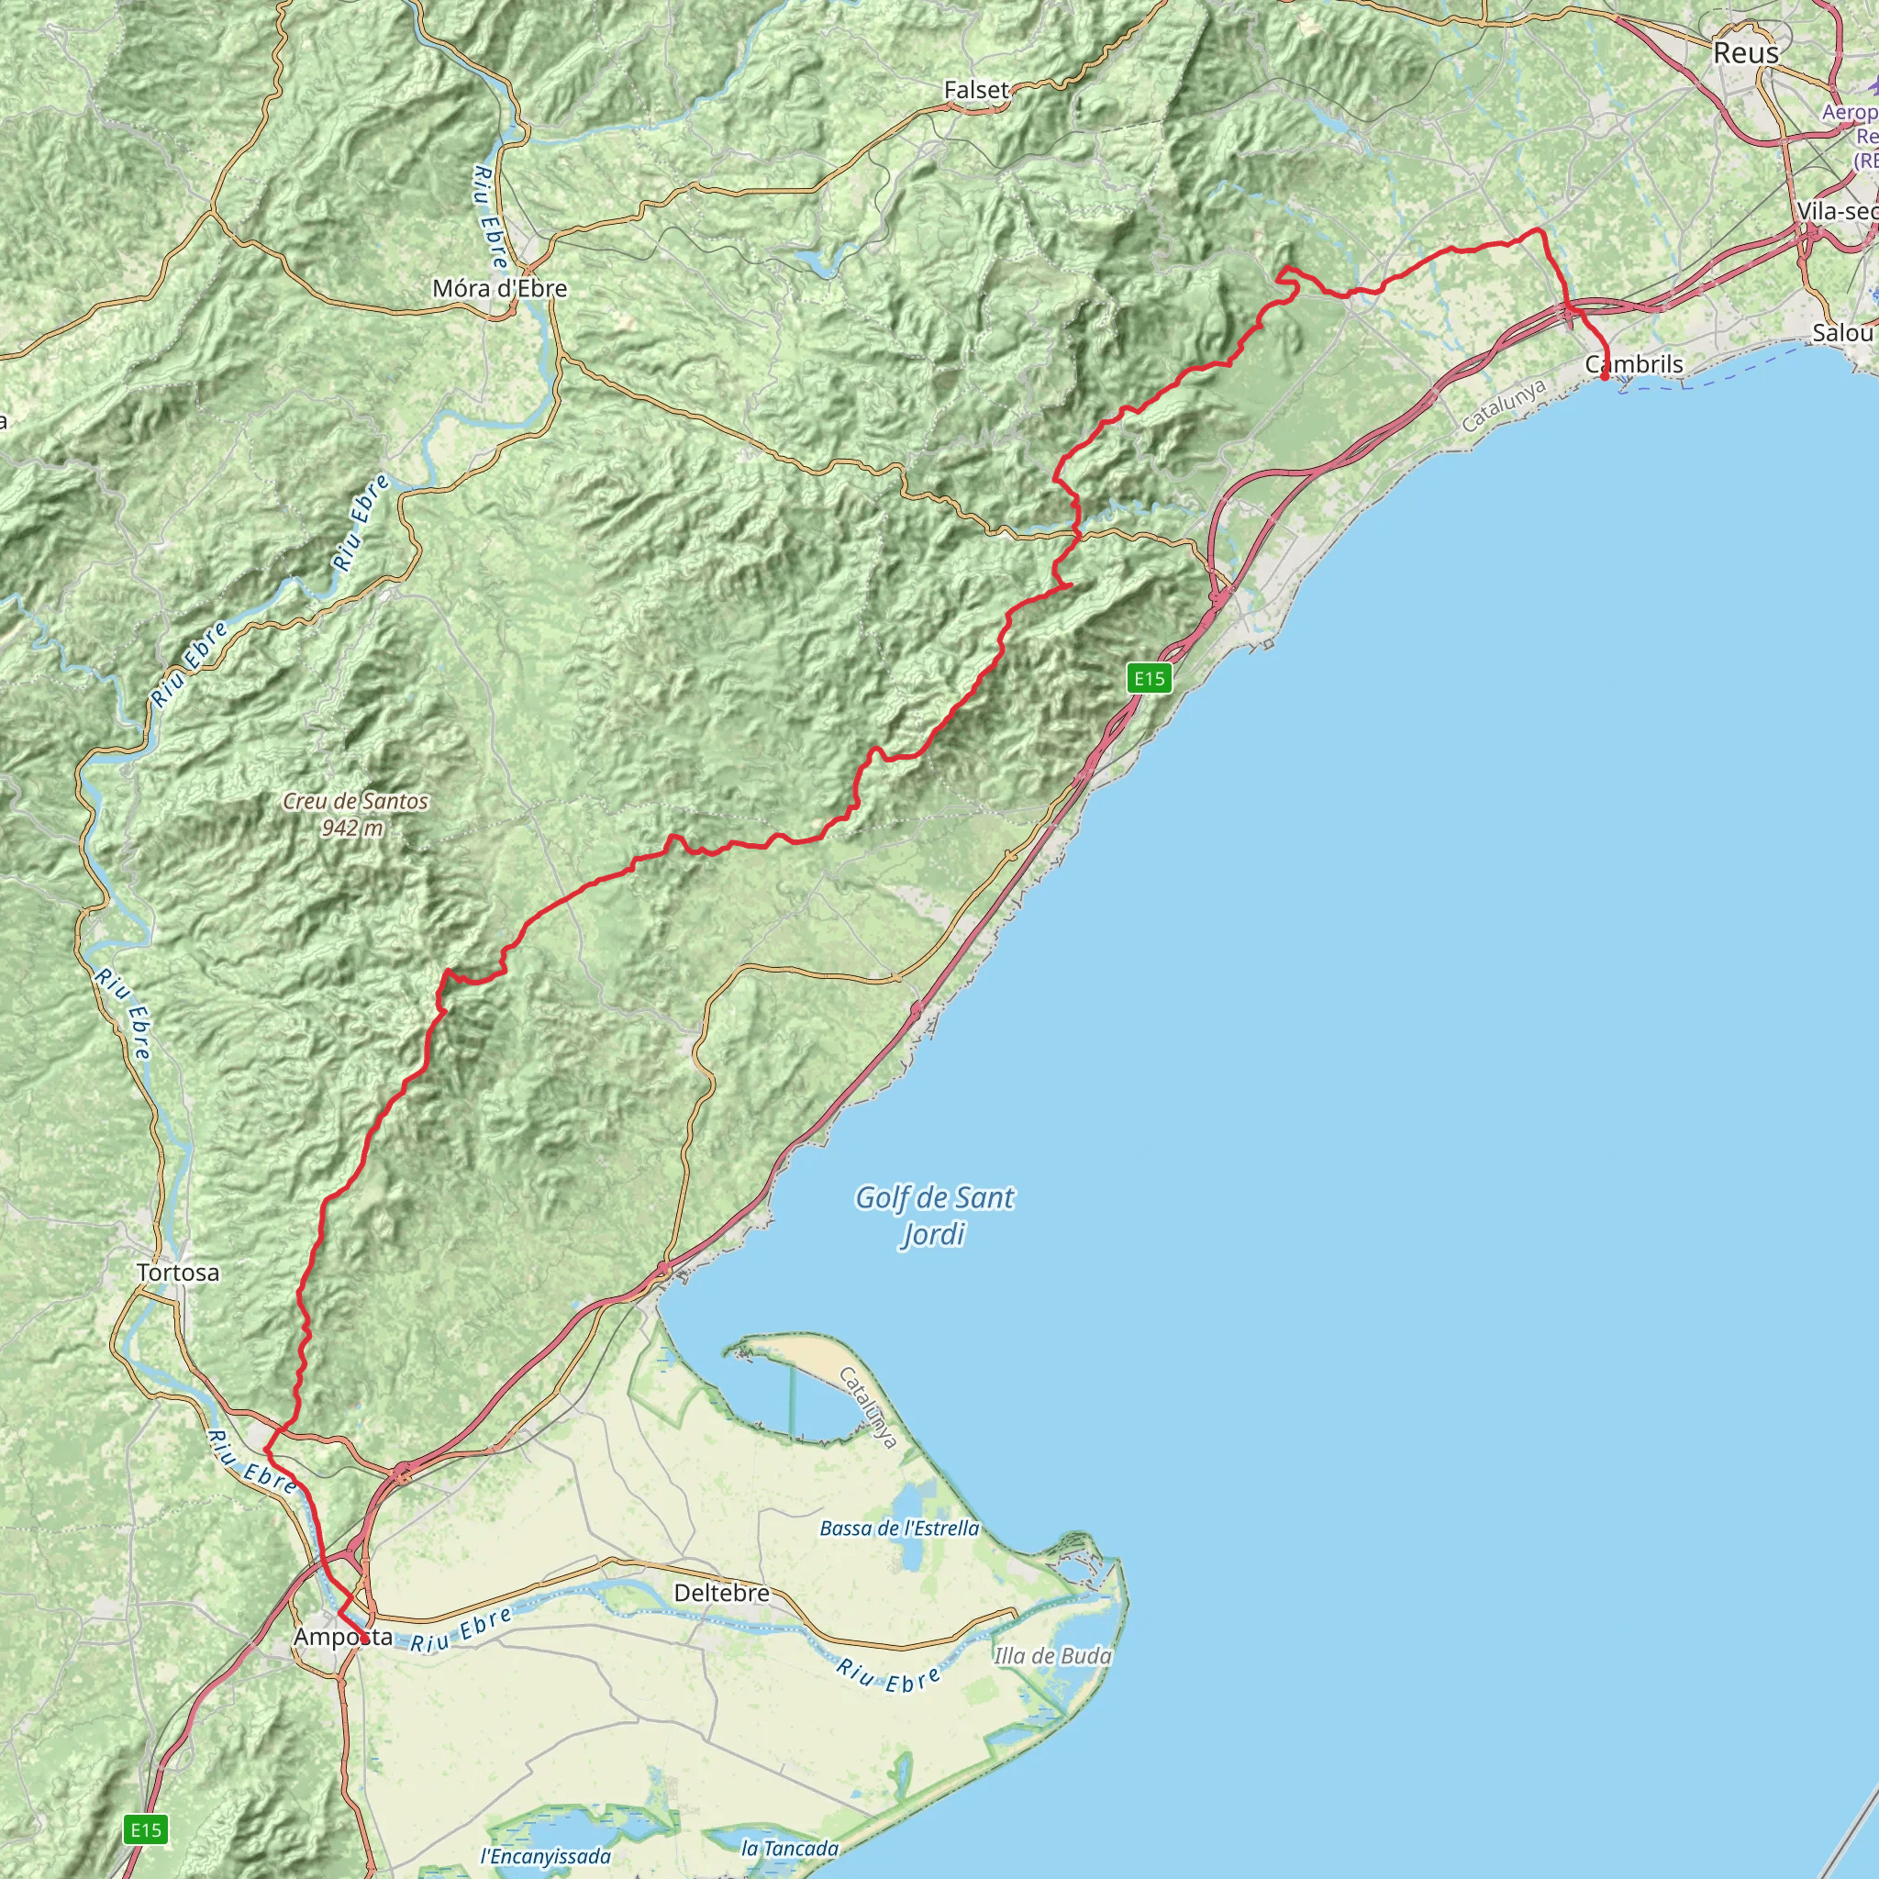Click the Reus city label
(1746, 52)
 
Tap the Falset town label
(976, 90)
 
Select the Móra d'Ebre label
(499, 288)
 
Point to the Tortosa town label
(178, 1273)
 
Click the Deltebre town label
(722, 1593)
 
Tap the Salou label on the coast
(1842, 333)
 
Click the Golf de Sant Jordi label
(934, 1215)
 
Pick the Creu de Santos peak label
(355, 801)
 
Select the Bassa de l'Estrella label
(900, 1528)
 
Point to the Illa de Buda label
(1052, 1655)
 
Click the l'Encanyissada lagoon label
(546, 1857)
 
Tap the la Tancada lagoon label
(790, 1848)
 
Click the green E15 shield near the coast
(1149, 678)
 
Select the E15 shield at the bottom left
(146, 1830)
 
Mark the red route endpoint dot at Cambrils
(1605, 376)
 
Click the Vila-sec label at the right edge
(1837, 211)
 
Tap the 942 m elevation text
(352, 828)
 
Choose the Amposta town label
(342, 1637)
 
